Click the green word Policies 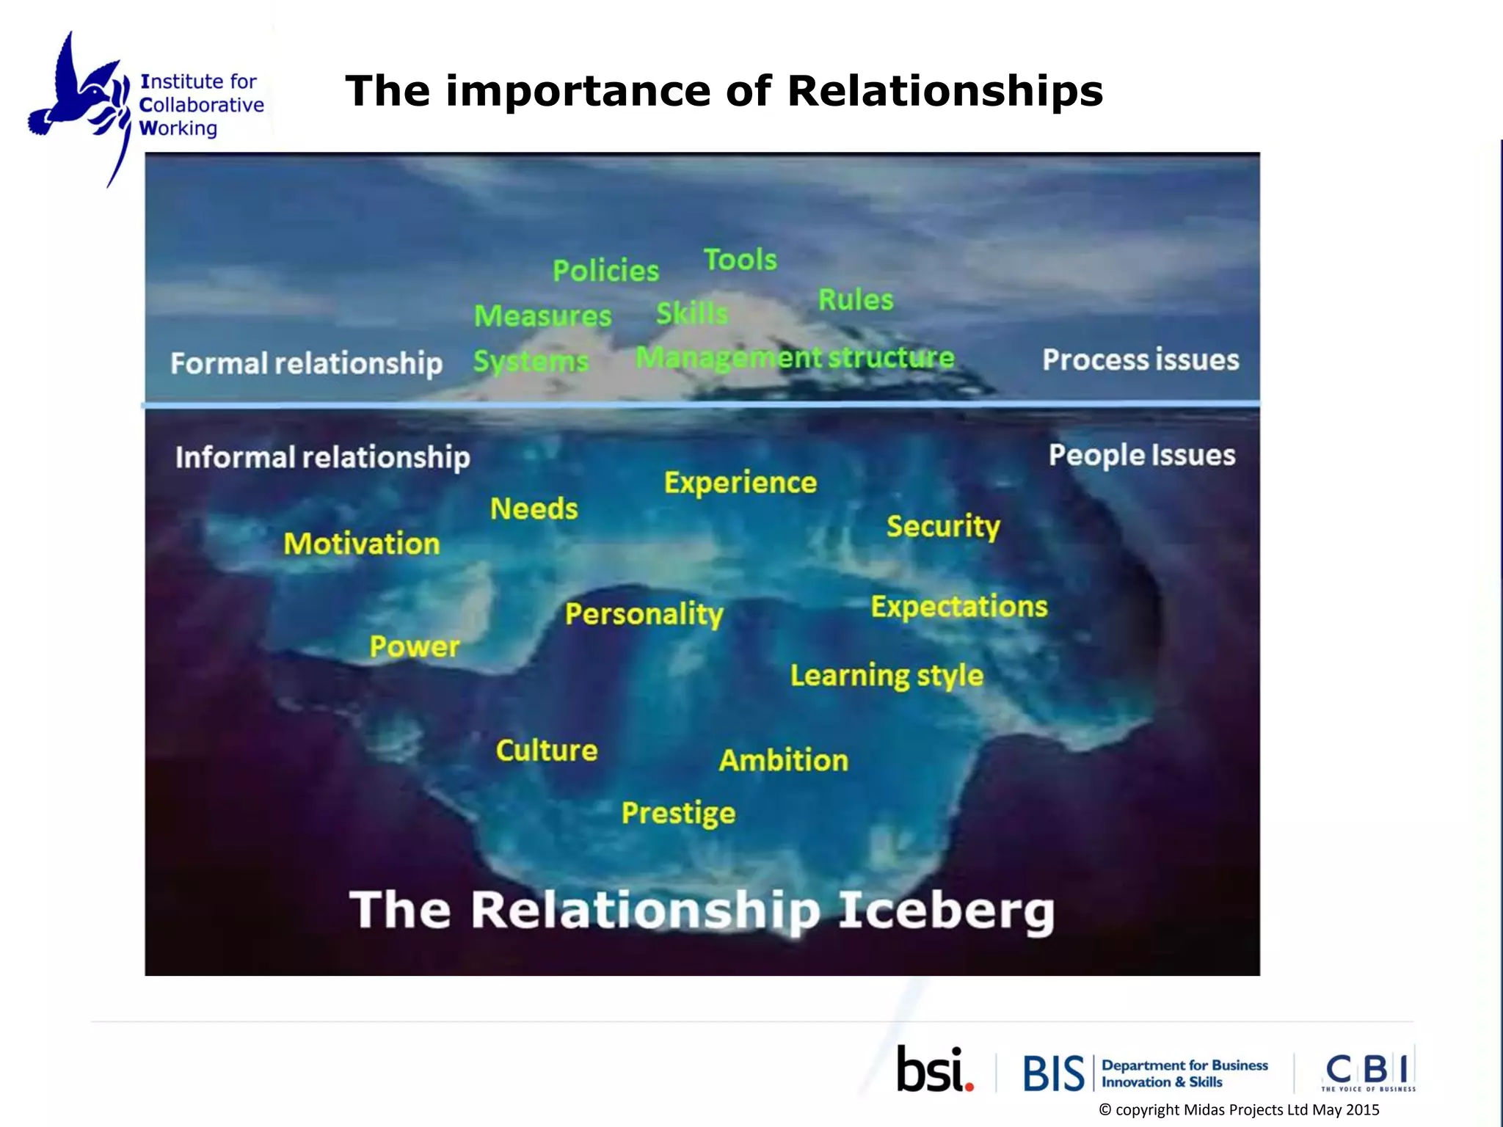[x=605, y=271]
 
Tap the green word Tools [x=740, y=260]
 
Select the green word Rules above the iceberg [x=856, y=299]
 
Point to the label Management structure [x=795, y=358]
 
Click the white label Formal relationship [x=306, y=363]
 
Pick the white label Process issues [x=1140, y=360]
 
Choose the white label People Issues [x=1142, y=455]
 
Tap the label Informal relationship [x=322, y=457]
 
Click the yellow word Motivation [x=362, y=544]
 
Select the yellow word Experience [x=740, y=483]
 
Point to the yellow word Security [x=943, y=526]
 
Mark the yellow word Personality [x=644, y=614]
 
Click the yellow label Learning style [x=887, y=676]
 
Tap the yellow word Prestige [x=678, y=813]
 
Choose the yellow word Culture [x=547, y=751]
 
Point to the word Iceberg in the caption [x=946, y=911]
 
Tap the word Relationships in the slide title [x=945, y=91]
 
